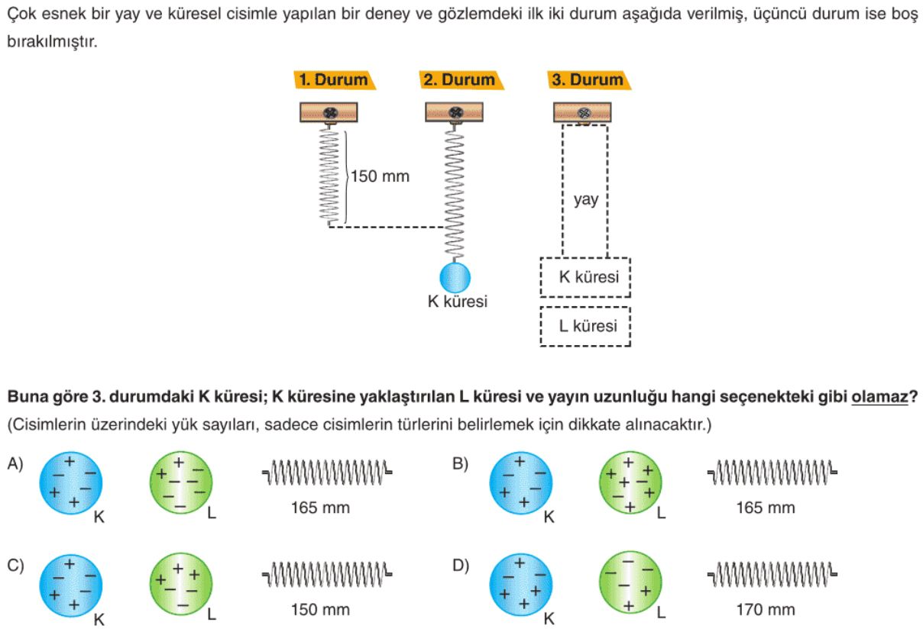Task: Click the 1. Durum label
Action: (333, 80)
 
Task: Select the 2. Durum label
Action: (459, 80)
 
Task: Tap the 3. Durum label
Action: (588, 80)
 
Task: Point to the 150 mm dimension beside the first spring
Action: (381, 177)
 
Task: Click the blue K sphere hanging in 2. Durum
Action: (455, 277)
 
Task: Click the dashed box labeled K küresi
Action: (585, 277)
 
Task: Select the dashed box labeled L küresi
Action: (585, 327)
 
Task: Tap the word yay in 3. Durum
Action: (586, 202)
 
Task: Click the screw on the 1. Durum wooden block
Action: (330, 113)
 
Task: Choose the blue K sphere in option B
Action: (520, 482)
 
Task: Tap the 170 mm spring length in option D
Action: (765, 610)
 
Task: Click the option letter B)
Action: (461, 464)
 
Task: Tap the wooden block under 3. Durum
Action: (582, 113)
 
